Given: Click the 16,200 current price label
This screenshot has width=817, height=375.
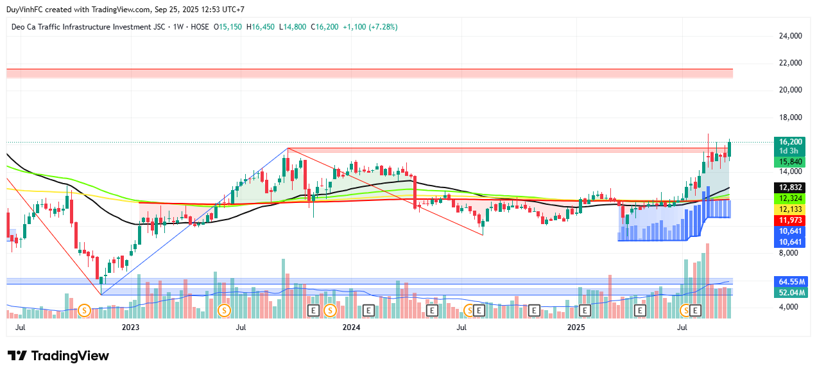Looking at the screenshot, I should pos(791,141).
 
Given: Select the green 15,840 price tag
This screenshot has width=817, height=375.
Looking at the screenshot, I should pos(791,161).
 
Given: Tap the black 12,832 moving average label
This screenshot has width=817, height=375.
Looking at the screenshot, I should pos(791,187).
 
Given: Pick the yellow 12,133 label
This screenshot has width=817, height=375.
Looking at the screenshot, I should pos(791,210).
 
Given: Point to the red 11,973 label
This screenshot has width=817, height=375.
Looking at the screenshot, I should pos(791,221).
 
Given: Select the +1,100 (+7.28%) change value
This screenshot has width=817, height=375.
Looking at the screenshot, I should pos(370,27).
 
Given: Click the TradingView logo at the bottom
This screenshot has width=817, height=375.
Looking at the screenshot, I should pos(58,356).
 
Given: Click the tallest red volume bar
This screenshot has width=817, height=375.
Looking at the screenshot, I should pos(708,281).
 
